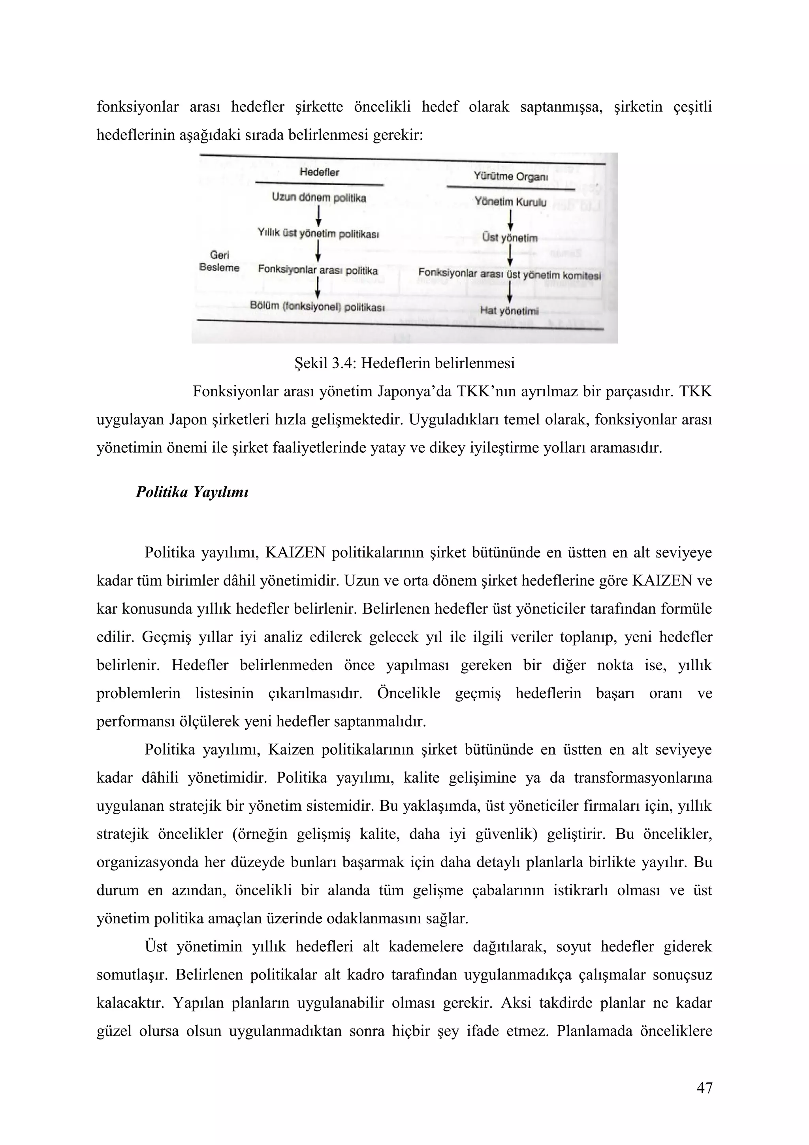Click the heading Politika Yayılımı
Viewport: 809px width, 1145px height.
192,492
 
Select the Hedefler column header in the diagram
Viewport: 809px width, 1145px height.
319,173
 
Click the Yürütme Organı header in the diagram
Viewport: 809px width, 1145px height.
510,177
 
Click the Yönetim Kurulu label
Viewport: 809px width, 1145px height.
510,202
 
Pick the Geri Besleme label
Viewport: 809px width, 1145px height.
219,261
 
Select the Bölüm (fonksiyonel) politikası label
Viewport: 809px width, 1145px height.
318,307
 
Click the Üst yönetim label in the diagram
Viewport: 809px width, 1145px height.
510,238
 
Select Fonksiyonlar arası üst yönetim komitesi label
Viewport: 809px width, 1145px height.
510,274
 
